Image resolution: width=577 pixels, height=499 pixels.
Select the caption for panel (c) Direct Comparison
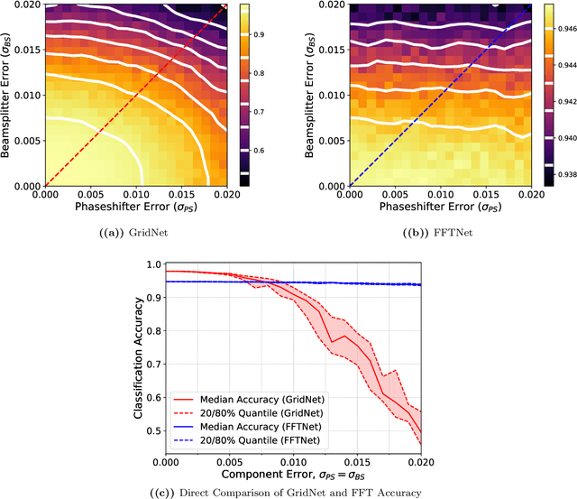288,492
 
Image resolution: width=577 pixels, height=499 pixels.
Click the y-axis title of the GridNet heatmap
10,94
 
